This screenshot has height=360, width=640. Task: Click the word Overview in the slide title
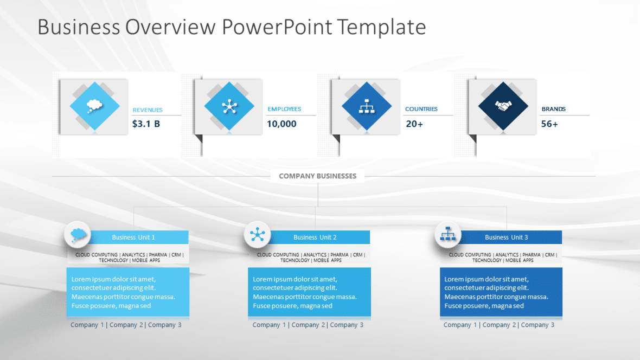tap(170, 27)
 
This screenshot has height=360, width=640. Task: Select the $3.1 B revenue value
tap(146, 124)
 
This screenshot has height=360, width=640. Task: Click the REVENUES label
tap(148, 110)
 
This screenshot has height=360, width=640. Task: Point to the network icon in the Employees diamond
tap(229, 106)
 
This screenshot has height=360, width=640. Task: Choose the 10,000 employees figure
tap(281, 124)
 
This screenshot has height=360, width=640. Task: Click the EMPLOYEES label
tap(284, 109)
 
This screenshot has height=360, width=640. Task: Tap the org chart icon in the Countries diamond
tap(367, 107)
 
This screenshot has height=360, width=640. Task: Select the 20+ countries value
tap(414, 124)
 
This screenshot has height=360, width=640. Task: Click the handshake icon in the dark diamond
tap(503, 106)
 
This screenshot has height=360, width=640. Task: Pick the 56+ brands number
tap(549, 124)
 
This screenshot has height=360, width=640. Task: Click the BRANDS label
tap(553, 109)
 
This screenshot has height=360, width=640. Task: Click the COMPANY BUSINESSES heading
tap(318, 176)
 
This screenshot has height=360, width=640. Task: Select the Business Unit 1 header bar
tap(133, 237)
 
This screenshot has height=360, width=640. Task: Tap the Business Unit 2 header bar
tap(315, 237)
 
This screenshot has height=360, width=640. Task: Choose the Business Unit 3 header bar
tap(506, 237)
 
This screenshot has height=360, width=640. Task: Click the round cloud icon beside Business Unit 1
tap(78, 235)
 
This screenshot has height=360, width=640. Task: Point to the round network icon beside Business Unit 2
tap(257, 235)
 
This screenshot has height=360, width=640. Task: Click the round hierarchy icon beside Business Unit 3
tap(447, 235)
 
